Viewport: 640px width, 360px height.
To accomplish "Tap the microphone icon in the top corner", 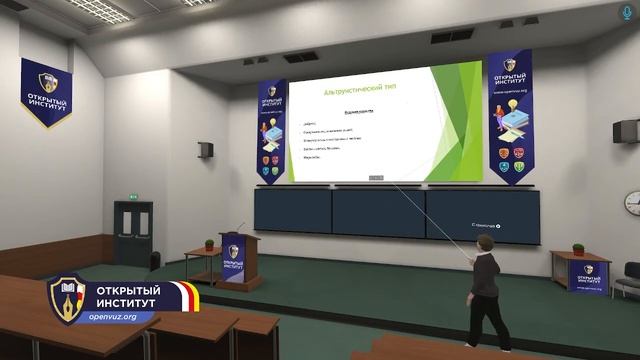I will [x=628, y=11].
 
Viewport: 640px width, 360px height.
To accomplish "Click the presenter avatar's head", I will [x=485, y=247].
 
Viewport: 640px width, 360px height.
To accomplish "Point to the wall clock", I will [x=633, y=203].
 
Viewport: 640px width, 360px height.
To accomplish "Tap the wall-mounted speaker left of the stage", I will [x=206, y=150].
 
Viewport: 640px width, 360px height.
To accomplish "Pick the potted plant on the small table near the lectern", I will [x=209, y=245].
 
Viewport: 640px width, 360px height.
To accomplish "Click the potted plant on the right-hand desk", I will [x=578, y=248].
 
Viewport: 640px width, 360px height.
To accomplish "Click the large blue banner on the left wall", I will [x=46, y=92].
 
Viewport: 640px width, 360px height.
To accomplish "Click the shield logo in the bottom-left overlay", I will [x=67, y=297].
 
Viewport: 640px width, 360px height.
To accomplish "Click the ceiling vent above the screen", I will [x=300, y=57].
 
